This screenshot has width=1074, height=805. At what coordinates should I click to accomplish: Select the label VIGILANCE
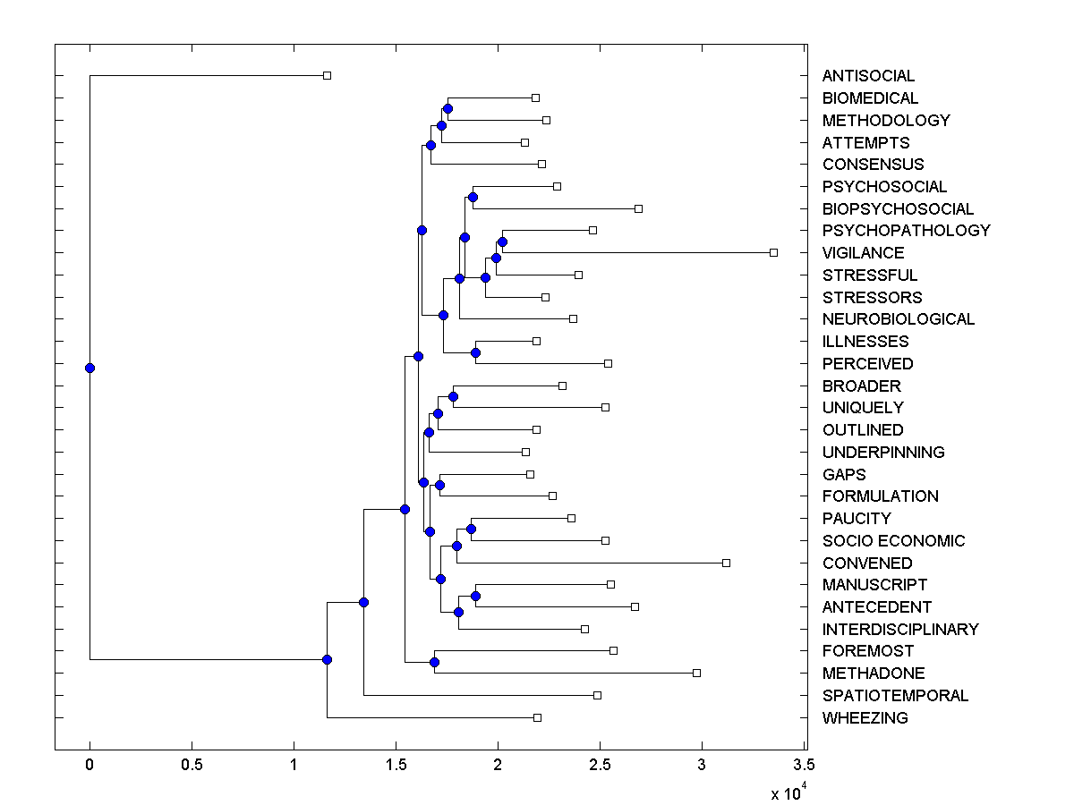tap(863, 253)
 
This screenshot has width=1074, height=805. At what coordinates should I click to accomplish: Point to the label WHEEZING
tap(865, 718)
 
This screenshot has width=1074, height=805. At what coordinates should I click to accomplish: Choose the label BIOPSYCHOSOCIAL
tap(898, 209)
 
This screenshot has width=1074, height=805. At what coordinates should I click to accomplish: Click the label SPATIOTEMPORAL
tap(895, 696)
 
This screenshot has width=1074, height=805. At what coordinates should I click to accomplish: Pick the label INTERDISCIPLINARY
tap(900, 630)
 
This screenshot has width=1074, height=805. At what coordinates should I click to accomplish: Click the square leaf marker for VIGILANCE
tap(774, 253)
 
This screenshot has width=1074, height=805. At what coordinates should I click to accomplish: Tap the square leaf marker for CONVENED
tap(726, 563)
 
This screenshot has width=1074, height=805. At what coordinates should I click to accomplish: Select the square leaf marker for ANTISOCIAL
tap(327, 76)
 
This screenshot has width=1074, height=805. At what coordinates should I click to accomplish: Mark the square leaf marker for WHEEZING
tap(537, 717)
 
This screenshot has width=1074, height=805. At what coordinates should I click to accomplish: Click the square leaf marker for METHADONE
tap(696, 673)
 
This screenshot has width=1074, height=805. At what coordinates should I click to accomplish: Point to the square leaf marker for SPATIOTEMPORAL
tap(597, 695)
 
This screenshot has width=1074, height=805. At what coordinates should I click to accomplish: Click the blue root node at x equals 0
tap(89, 368)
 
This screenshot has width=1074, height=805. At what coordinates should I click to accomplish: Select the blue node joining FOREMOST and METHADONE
tap(434, 662)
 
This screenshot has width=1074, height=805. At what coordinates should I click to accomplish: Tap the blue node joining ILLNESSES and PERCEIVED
tap(475, 352)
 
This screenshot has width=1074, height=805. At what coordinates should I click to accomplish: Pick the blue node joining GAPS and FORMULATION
tap(439, 485)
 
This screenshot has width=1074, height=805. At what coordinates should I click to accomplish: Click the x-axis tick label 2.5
tap(600, 765)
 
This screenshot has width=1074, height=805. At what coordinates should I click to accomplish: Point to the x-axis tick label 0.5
tap(192, 765)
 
